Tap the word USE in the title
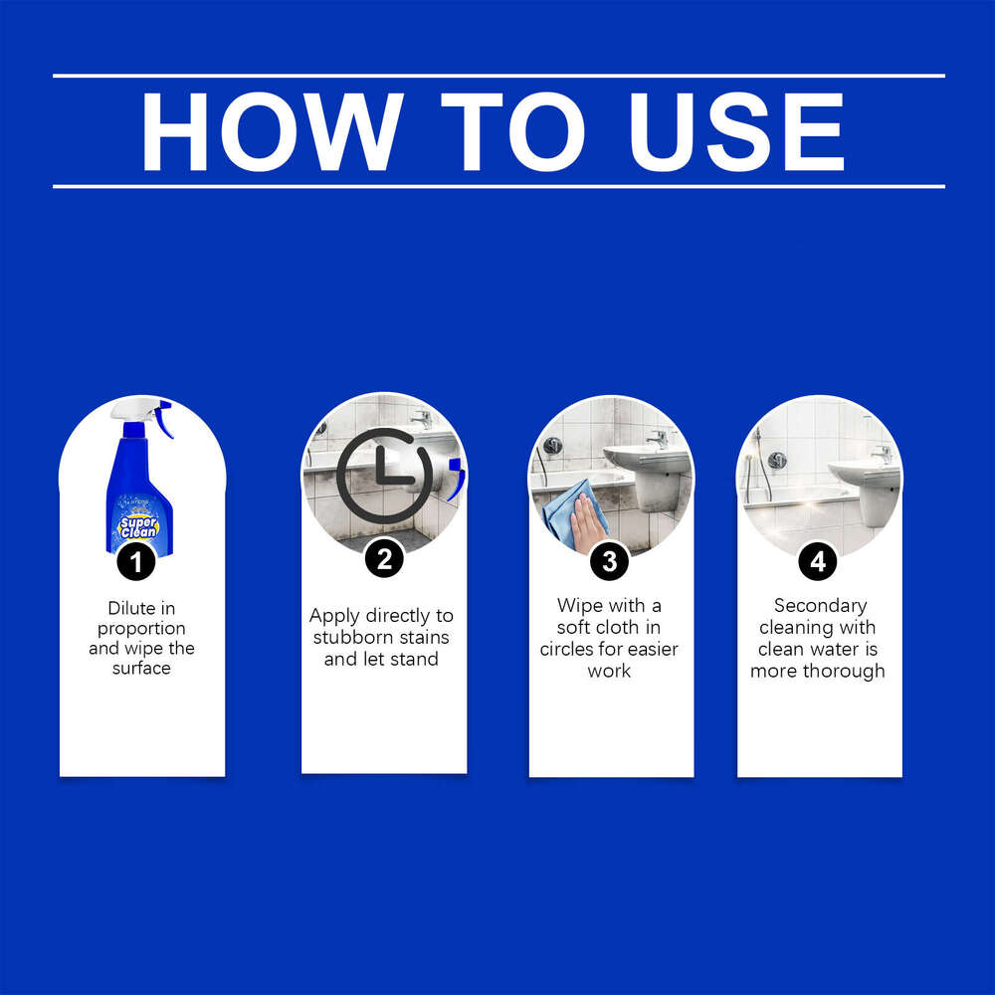coord(738,132)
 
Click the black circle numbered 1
coord(136,562)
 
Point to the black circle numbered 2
coord(383,559)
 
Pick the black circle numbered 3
coord(609,561)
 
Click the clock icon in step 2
coord(383,477)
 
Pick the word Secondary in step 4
coord(820,606)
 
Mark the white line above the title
coord(497,76)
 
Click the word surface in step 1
coord(141,669)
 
